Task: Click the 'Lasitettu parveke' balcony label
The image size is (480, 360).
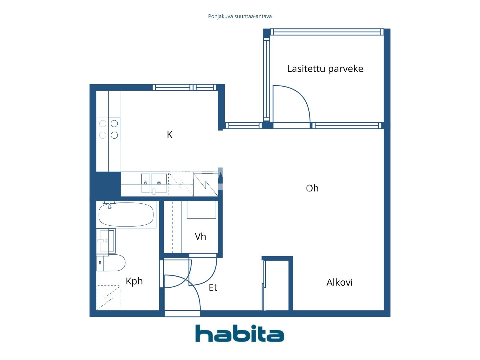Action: (x=325, y=69)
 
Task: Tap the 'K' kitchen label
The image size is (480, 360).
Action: (x=169, y=135)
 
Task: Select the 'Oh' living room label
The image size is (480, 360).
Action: (x=312, y=188)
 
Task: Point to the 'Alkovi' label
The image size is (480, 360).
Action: (x=339, y=282)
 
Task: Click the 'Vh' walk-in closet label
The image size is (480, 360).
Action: (x=200, y=236)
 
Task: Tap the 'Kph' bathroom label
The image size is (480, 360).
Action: (x=134, y=281)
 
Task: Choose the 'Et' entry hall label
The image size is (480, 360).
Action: (x=213, y=287)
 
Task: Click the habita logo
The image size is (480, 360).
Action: (x=239, y=333)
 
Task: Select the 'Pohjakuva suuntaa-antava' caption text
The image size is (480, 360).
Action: (x=240, y=16)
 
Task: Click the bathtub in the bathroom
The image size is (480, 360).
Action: (x=126, y=214)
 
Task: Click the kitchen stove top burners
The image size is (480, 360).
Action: (x=109, y=129)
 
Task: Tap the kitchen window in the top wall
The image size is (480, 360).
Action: (x=184, y=87)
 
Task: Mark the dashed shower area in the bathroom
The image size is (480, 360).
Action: (x=109, y=297)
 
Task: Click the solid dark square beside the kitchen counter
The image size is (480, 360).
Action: (x=108, y=184)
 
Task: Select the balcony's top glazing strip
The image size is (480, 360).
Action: (x=327, y=32)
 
